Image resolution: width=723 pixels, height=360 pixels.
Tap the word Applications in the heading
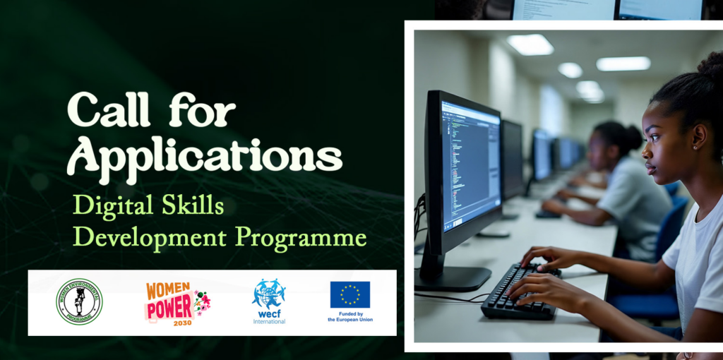205,152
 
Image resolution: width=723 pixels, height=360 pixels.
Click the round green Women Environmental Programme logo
79,301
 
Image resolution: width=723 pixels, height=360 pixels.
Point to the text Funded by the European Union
349,316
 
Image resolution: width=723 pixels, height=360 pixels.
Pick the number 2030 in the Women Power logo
182,323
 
